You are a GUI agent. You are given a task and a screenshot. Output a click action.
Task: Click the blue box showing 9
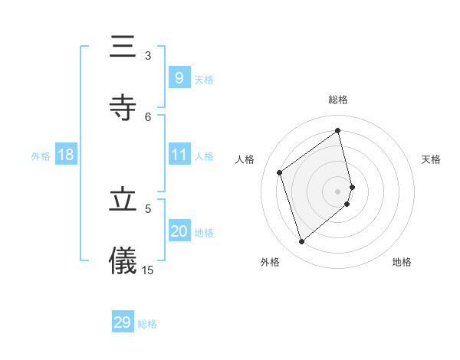click(179, 77)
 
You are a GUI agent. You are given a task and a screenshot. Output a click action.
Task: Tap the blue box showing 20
click(179, 231)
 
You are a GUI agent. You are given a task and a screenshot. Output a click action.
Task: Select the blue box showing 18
click(66, 155)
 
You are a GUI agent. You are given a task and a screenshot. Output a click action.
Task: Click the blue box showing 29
click(123, 322)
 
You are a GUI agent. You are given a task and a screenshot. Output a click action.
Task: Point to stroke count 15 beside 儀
click(148, 270)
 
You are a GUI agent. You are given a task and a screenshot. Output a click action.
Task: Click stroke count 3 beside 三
click(148, 55)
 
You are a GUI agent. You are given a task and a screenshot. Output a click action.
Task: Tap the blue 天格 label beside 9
click(204, 79)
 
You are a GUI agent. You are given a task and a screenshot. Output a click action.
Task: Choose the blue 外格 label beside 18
click(41, 155)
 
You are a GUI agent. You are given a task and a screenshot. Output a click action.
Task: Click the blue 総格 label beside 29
click(147, 324)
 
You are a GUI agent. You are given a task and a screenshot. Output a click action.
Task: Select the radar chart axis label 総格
click(338, 100)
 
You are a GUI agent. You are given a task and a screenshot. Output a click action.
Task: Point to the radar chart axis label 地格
click(402, 262)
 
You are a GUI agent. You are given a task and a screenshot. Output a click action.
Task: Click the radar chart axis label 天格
click(432, 159)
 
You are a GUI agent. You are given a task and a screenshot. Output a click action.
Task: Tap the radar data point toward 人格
click(280, 172)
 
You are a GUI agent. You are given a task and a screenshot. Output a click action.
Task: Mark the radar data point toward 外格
click(301, 242)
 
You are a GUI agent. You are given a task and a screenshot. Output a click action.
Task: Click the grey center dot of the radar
click(338, 191)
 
